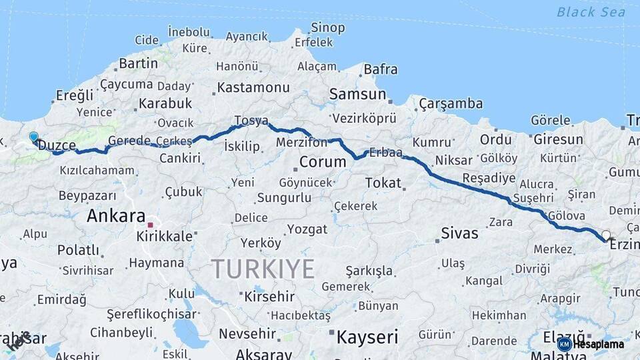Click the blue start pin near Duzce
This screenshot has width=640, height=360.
[33, 137]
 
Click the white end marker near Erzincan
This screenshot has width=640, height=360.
[605, 235]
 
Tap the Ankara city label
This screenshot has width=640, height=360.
[115, 216]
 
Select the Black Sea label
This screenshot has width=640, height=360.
[591, 12]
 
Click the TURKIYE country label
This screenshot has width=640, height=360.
[263, 269]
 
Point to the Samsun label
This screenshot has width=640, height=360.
[357, 95]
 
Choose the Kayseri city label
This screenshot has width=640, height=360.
[367, 337]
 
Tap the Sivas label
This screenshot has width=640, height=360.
[460, 233]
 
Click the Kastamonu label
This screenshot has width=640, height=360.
[253, 88]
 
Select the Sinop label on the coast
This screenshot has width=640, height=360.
[328, 28]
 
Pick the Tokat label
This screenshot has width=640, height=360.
[383, 183]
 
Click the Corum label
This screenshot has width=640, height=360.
[323, 162]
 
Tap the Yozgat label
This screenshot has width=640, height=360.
[307, 229]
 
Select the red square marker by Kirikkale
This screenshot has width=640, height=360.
[152, 225]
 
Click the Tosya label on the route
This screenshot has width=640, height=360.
[251, 121]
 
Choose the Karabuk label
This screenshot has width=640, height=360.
[165, 103]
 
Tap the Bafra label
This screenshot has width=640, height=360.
[381, 69]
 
